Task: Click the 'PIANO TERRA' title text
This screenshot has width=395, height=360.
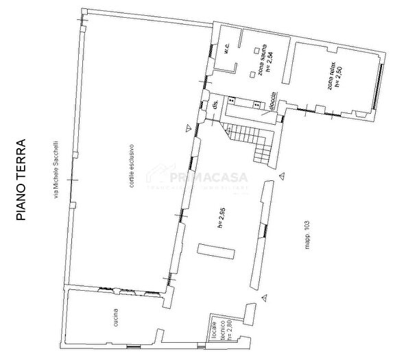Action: (x=21, y=180)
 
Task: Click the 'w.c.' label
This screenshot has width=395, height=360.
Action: (x=226, y=49)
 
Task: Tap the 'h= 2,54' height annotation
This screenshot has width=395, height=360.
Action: (x=270, y=62)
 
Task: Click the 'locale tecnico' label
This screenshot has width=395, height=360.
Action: (x=217, y=328)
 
